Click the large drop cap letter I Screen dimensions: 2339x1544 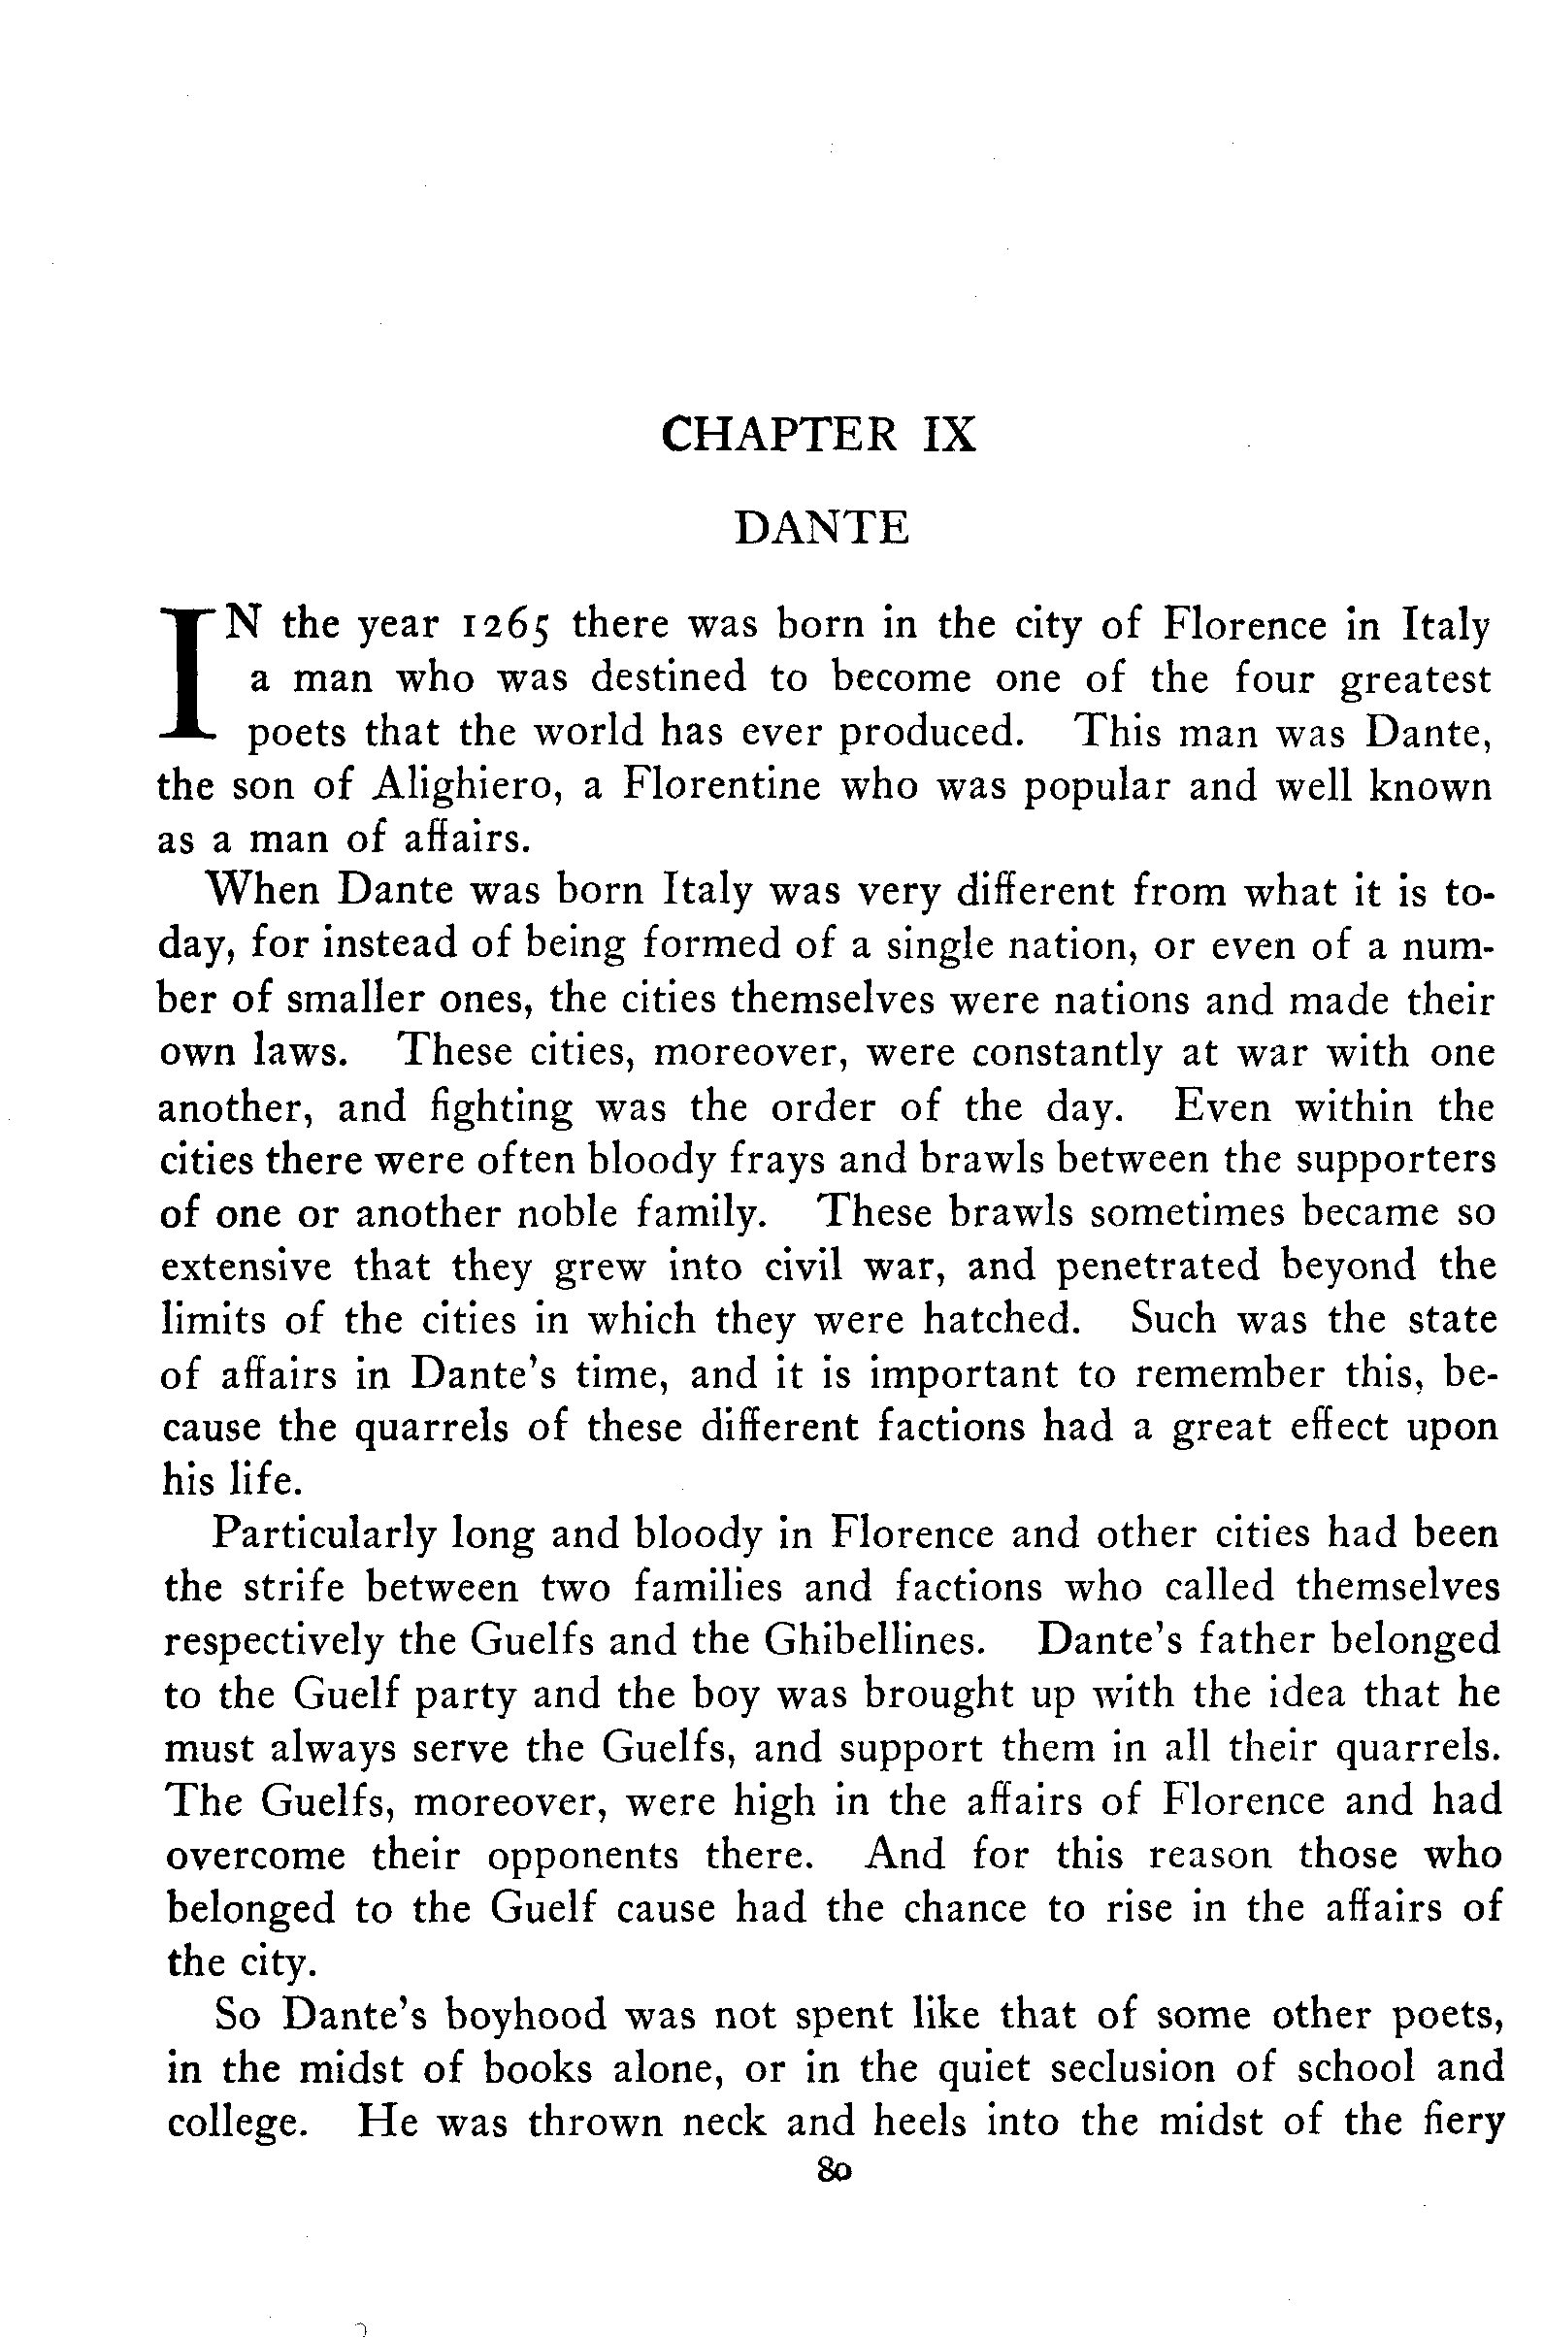pyautogui.click(x=190, y=677)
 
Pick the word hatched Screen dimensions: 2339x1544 pyautogui.click(x=998, y=1320)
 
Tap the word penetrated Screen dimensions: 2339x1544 pyautogui.click(x=1158, y=1267)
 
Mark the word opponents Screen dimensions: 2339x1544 pyautogui.click(x=583, y=1856)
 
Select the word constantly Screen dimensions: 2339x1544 pyautogui.click(x=1067, y=1053)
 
